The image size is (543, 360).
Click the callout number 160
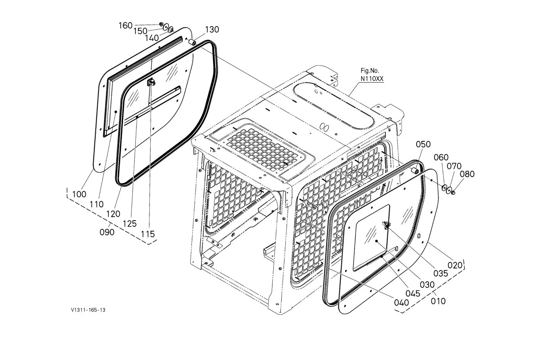coord(126,25)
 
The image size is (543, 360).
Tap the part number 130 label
coord(212,29)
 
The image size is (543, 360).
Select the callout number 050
coord(423,144)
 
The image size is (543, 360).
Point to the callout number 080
coord(467,174)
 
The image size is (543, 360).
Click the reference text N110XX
coord(372,79)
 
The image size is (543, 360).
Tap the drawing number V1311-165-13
coord(88,310)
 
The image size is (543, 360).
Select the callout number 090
coord(107,232)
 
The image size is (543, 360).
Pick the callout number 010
coord(438,301)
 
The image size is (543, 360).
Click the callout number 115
coord(148,234)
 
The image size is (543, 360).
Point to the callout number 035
coord(441,273)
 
